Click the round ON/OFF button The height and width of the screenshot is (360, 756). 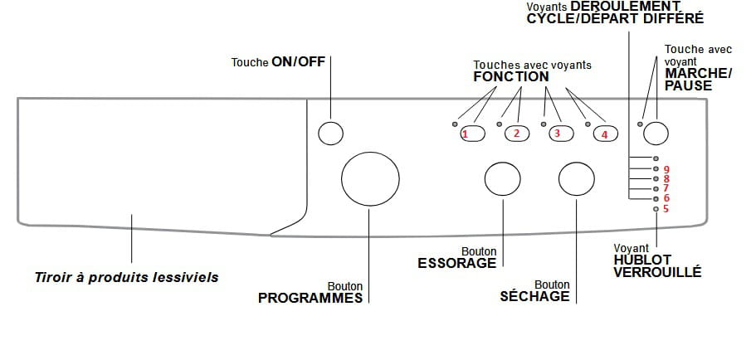coord(331,134)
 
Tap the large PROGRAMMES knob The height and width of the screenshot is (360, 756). coord(370,178)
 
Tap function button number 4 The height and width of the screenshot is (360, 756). coord(605,133)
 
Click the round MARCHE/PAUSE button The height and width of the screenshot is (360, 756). coord(656,133)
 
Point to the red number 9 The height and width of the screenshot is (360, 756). coord(666,169)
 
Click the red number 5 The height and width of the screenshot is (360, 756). coord(666,209)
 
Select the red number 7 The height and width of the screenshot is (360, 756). coord(666,188)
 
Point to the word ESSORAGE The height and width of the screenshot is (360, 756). coord(456,263)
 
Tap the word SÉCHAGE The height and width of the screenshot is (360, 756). coord(535,296)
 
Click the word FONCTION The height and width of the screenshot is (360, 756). coord(511,77)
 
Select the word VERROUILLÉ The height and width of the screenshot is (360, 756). coord(656,271)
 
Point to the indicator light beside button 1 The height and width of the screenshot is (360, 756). coord(455,124)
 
